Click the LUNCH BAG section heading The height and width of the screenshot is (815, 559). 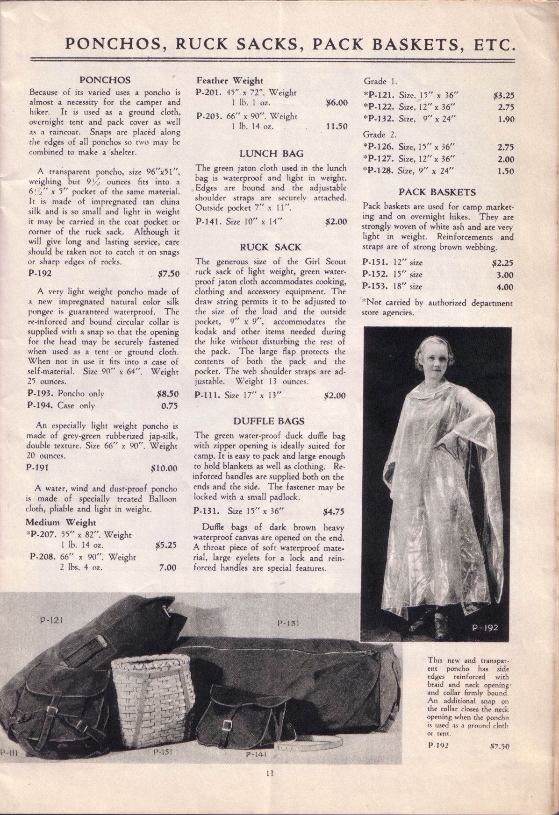(x=272, y=153)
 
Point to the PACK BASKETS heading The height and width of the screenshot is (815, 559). (x=437, y=191)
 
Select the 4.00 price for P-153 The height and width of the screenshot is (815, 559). (x=505, y=287)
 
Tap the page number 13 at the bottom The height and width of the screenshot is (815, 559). (x=269, y=786)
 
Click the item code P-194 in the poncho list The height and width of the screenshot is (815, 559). (x=39, y=405)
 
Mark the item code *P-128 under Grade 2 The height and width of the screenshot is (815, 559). (x=378, y=170)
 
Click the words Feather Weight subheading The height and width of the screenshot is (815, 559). (x=229, y=80)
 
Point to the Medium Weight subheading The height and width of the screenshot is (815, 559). (x=61, y=522)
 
